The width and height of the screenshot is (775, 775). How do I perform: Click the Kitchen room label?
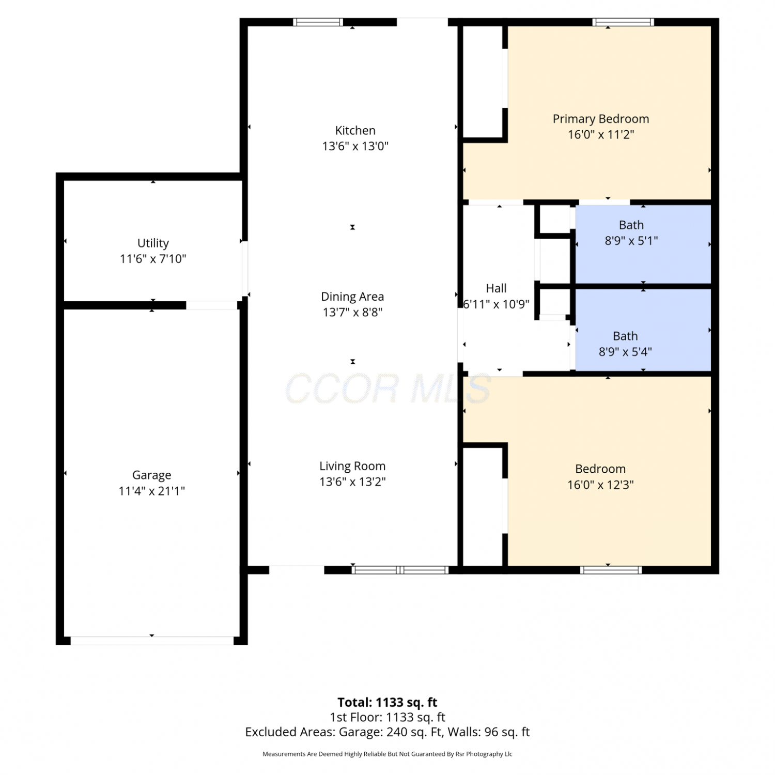(355, 130)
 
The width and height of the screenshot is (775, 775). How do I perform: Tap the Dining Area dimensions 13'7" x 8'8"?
(352, 312)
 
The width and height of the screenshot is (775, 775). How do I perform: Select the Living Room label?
(352, 466)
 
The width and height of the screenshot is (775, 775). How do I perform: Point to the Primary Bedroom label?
(601, 119)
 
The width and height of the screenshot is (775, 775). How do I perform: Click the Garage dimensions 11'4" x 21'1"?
(152, 491)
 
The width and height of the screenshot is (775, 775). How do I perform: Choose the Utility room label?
(153, 243)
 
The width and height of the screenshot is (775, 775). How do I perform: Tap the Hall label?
(496, 288)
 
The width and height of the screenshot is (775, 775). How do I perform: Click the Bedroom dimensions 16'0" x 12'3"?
(600, 485)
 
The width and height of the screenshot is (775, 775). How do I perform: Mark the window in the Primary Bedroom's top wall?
(623, 22)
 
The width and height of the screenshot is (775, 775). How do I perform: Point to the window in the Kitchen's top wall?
(318, 22)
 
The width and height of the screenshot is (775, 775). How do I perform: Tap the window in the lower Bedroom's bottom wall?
(611, 570)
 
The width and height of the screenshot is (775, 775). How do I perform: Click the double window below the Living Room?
(400, 570)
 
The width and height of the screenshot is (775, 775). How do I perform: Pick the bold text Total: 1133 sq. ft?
(388, 702)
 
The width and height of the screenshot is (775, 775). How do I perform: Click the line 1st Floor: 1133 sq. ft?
(388, 717)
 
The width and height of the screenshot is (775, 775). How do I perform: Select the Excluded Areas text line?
(388, 732)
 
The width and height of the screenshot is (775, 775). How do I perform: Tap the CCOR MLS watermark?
(388, 389)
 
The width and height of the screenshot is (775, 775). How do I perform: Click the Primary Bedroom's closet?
(483, 82)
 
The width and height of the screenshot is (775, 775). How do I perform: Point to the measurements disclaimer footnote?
(388, 754)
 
